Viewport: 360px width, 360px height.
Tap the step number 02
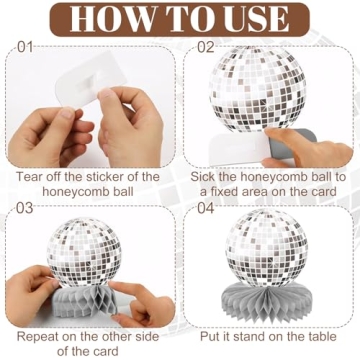point(205,47)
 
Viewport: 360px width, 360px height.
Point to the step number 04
point(205,208)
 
